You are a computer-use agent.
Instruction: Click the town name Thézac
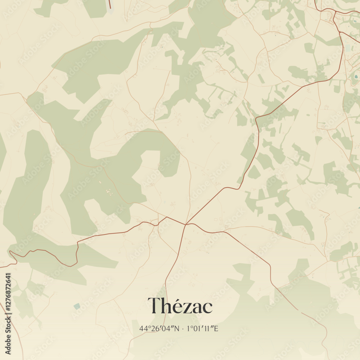pos(180,306)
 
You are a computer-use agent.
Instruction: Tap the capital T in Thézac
pos(154,306)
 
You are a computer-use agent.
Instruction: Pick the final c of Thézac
pos(207,308)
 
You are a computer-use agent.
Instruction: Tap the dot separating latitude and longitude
pos(183,329)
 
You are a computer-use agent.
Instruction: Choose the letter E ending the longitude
pos(216,328)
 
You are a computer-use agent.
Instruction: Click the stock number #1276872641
pos(8,298)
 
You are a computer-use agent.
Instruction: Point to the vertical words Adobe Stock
pos(8,338)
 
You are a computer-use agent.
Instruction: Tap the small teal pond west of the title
pos(77,306)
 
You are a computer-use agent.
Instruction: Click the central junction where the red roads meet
pos(186,224)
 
